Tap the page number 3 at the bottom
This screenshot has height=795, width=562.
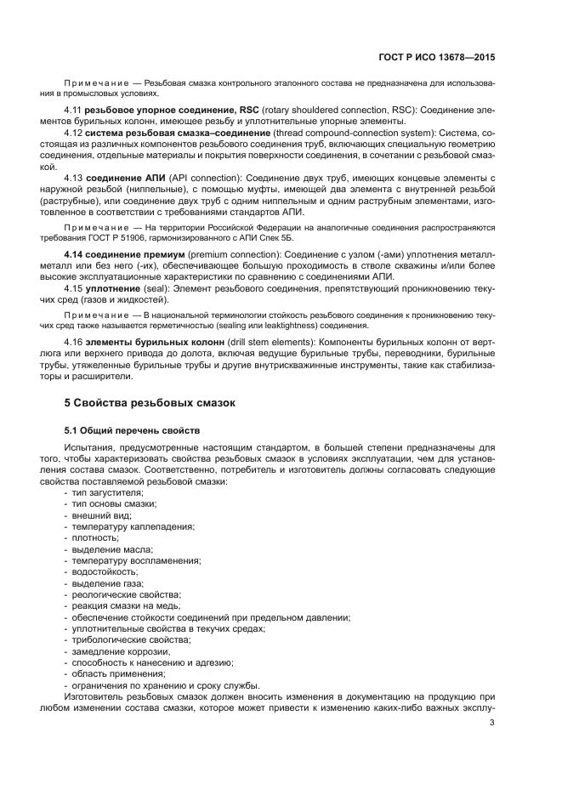click(x=492, y=724)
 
